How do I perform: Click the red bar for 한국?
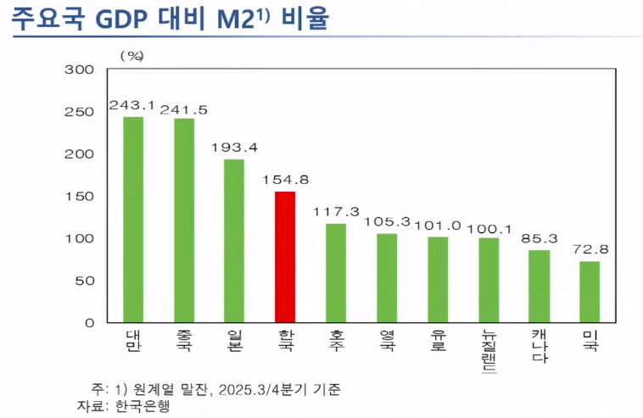click(285, 257)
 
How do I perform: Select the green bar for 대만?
click(133, 220)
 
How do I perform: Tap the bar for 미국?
click(590, 292)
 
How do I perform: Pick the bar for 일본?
click(234, 241)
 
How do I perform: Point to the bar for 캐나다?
click(539, 286)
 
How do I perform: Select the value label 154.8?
click(284, 181)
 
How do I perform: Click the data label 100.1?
click(488, 226)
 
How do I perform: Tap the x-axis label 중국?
click(183, 341)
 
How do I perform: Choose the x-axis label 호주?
click(336, 341)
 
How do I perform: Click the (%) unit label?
click(132, 55)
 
